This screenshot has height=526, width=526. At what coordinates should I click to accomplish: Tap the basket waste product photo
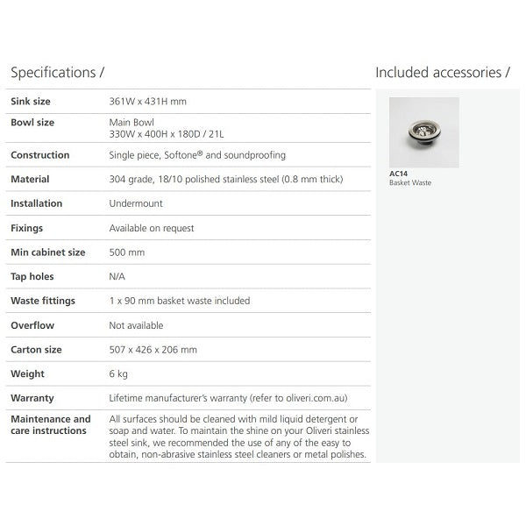click(423, 132)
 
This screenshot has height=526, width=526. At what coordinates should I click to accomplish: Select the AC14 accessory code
click(398, 174)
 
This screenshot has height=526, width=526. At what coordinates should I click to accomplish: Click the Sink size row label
click(31, 102)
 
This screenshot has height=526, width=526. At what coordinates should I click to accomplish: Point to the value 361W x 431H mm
click(147, 102)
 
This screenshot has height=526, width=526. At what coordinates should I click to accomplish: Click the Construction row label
click(39, 155)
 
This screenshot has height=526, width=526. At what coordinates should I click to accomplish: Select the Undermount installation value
click(136, 203)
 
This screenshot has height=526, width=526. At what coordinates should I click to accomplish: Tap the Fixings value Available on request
click(152, 228)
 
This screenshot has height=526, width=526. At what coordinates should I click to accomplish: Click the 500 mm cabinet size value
click(127, 252)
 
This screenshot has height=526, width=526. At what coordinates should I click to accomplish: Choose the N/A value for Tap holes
click(118, 276)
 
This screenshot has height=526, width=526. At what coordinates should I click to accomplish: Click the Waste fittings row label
click(43, 301)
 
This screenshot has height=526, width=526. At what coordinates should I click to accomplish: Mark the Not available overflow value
click(136, 325)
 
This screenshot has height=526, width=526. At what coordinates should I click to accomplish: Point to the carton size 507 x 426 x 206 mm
click(153, 350)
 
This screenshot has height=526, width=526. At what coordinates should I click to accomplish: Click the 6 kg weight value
click(120, 373)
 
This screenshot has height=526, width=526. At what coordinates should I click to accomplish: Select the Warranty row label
click(32, 398)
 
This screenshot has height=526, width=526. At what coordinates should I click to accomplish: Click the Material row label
click(30, 180)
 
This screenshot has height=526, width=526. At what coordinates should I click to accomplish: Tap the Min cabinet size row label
click(47, 252)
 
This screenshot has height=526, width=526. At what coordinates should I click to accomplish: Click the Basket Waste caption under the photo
click(410, 182)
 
